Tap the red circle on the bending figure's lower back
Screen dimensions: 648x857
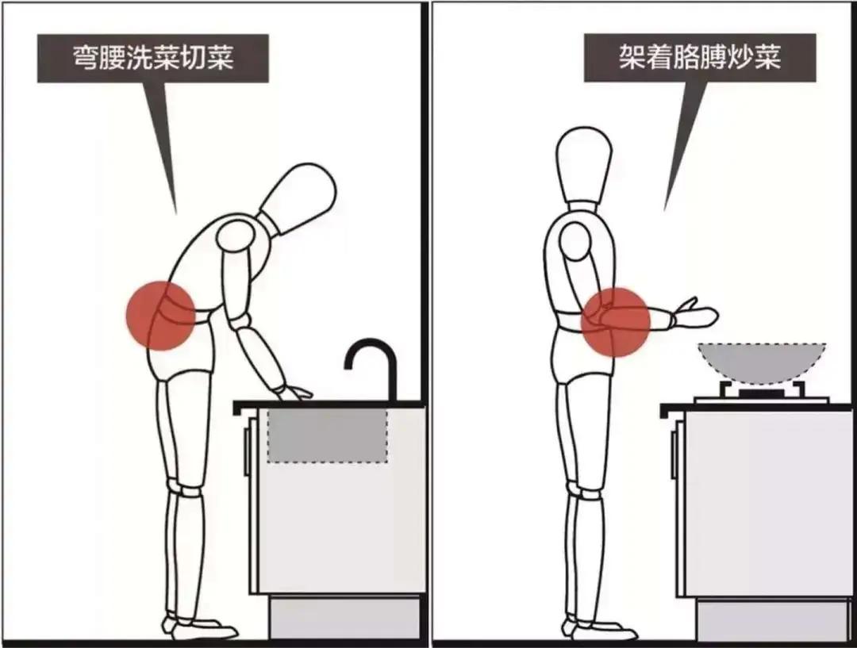pyautogui.click(x=161, y=316)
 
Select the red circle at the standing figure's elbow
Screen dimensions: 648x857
pyautogui.click(x=616, y=321)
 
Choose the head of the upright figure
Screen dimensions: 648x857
pyautogui.click(x=585, y=166)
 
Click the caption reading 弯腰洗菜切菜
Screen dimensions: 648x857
pyautogui.click(x=153, y=57)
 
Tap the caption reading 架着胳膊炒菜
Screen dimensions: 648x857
pyautogui.click(x=700, y=57)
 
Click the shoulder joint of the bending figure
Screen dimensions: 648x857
pyautogui.click(x=235, y=236)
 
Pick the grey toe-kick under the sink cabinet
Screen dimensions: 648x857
pyautogui.click(x=344, y=617)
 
